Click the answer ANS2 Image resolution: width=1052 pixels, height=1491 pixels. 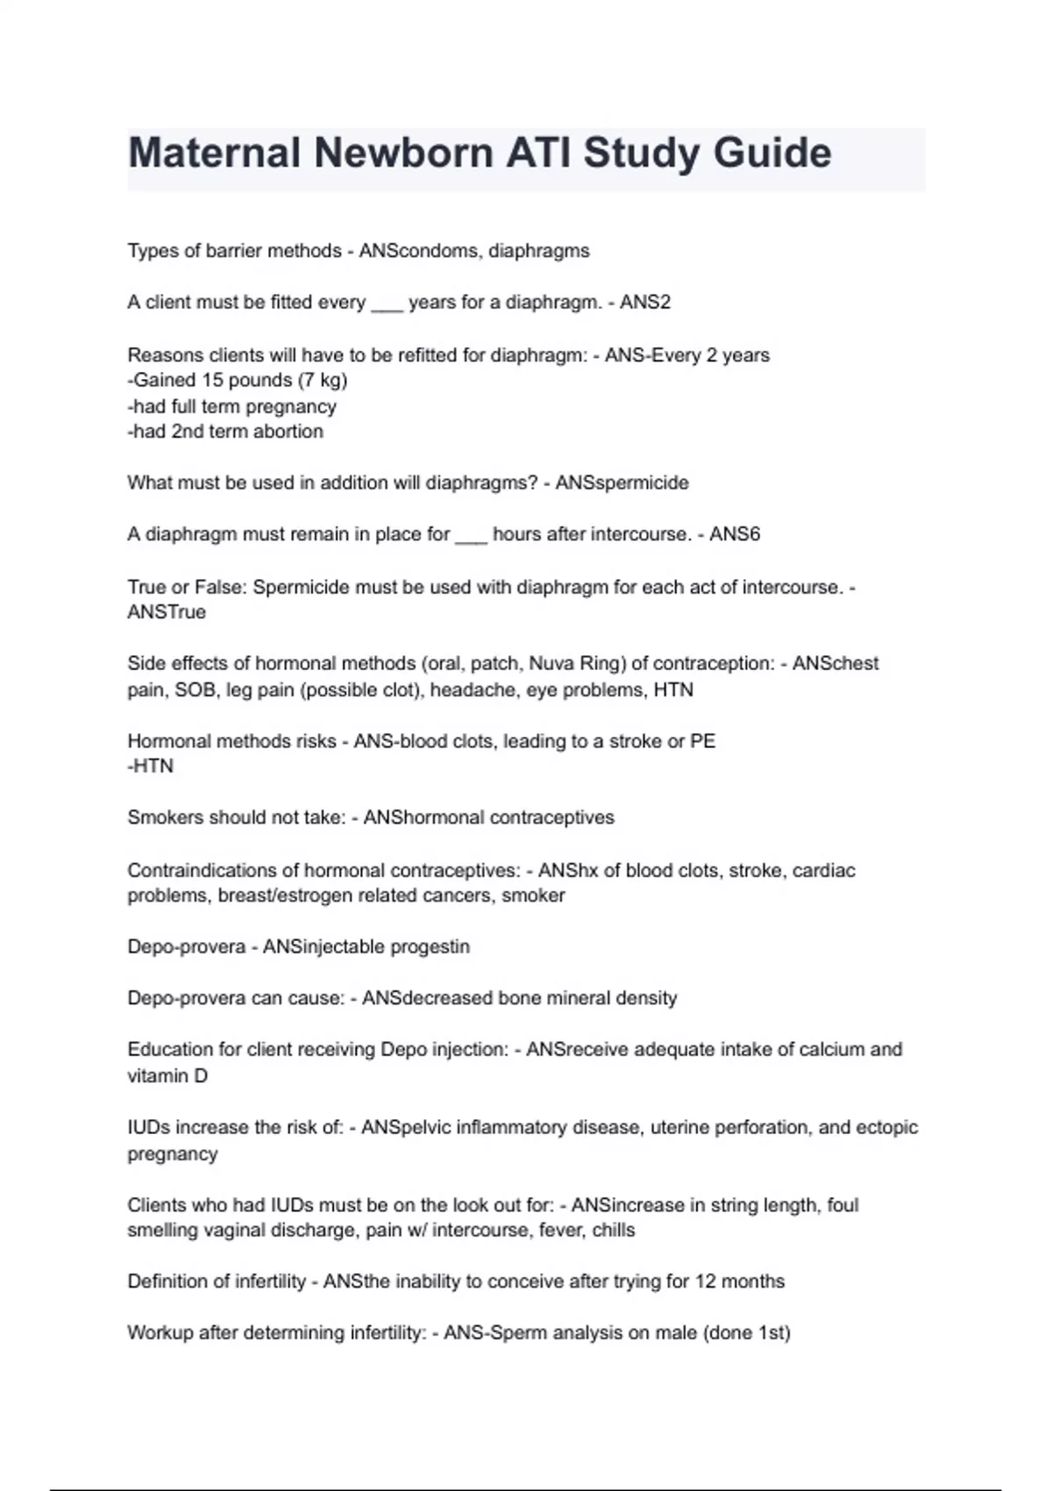645,303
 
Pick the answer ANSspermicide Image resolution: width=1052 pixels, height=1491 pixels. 622,483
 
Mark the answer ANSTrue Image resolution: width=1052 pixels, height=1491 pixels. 167,612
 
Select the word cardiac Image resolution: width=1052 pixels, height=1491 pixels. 823,871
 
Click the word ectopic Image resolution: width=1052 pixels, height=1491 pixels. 887,1128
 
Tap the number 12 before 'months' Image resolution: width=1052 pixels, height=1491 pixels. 706,1281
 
